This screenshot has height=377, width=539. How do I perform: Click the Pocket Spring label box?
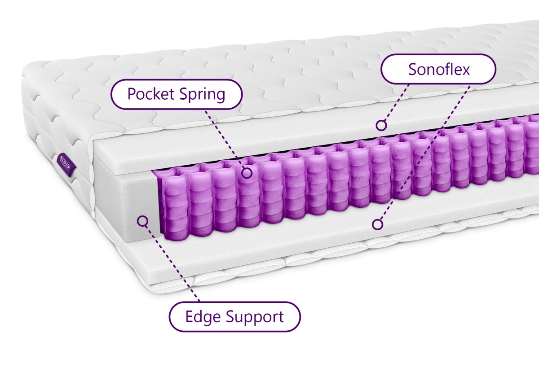177,94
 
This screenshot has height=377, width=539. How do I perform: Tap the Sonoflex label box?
438,69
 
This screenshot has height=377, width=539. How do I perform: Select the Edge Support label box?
234,317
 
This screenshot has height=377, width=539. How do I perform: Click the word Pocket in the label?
151,93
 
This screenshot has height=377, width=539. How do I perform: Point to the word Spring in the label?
202,95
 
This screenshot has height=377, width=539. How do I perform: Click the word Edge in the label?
203,317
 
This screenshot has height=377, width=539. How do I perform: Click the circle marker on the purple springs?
247,173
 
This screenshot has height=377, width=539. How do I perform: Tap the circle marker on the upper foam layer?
381,125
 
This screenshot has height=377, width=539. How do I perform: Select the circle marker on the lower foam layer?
377,224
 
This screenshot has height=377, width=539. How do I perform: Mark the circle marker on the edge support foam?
142,221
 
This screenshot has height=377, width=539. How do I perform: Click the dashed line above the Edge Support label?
172,264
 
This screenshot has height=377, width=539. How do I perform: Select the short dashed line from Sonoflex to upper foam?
397,103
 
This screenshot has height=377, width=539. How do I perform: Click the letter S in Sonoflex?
413,70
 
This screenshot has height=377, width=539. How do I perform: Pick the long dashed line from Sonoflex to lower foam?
425,153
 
